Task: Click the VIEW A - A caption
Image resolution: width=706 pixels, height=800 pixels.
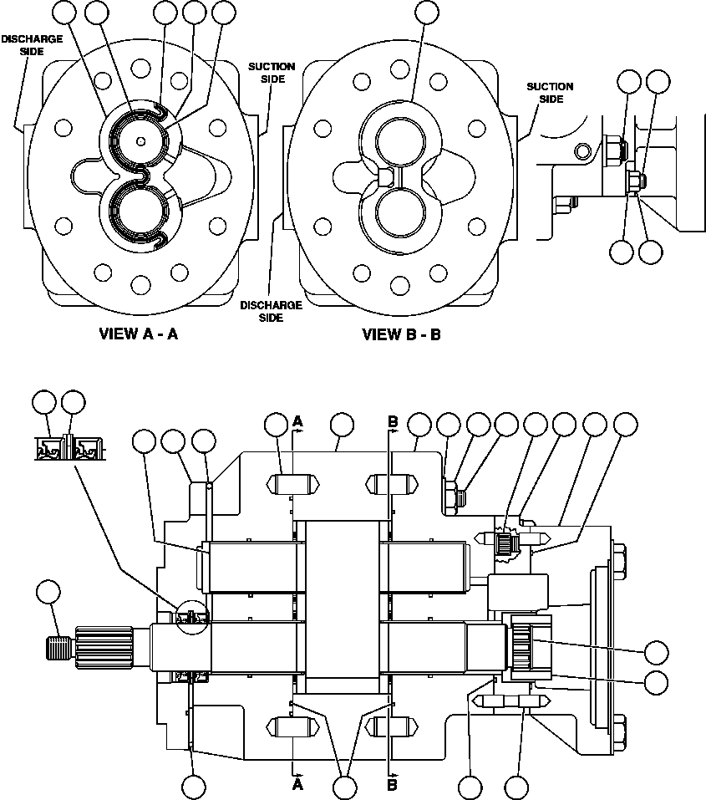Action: (140, 334)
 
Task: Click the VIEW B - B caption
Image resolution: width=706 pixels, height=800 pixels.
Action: (401, 334)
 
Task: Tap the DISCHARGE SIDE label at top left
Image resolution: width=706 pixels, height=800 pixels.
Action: (32, 45)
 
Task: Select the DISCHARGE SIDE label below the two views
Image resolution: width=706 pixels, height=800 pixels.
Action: (271, 312)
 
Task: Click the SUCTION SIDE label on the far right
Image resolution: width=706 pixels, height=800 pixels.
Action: (550, 92)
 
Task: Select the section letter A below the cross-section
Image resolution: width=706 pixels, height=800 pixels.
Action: (297, 785)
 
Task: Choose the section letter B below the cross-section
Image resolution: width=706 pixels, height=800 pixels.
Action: (392, 785)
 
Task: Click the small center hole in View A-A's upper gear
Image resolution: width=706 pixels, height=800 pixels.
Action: (141, 140)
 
